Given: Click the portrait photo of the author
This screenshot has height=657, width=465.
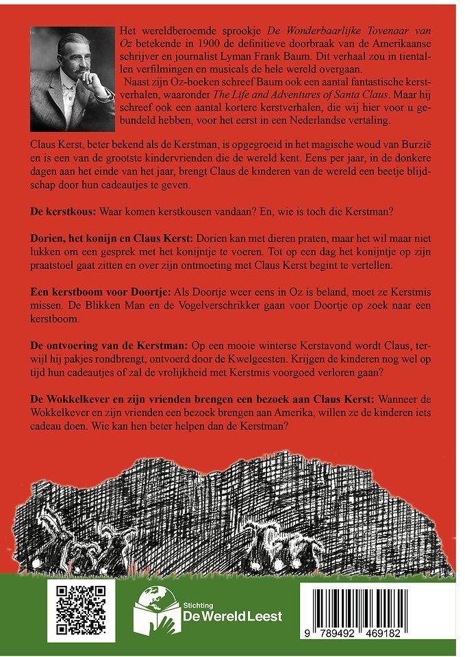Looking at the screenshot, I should pyautogui.click(x=73, y=79).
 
